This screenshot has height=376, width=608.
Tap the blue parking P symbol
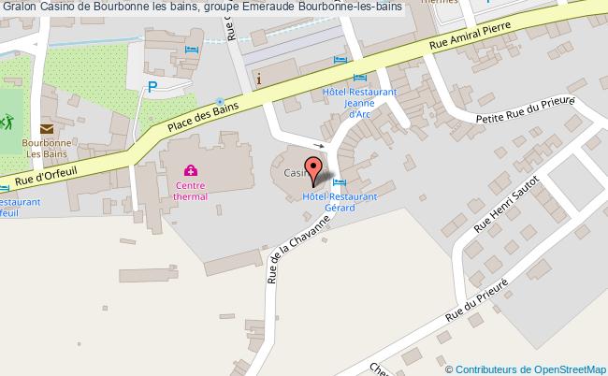pyautogui.click(x=153, y=88)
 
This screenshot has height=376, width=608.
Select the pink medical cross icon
pyautogui.click(x=190, y=170)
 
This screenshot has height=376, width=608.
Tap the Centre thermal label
pyautogui.click(x=190, y=191)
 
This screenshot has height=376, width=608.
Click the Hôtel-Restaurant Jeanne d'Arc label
pyautogui.click(x=360, y=103)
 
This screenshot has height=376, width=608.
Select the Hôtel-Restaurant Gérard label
pyautogui.click(x=339, y=203)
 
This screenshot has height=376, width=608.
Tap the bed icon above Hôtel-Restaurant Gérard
pyautogui.click(x=340, y=182)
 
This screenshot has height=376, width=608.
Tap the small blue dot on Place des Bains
pyautogui.click(x=219, y=101)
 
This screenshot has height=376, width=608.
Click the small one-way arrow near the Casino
pyautogui.click(x=319, y=146)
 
